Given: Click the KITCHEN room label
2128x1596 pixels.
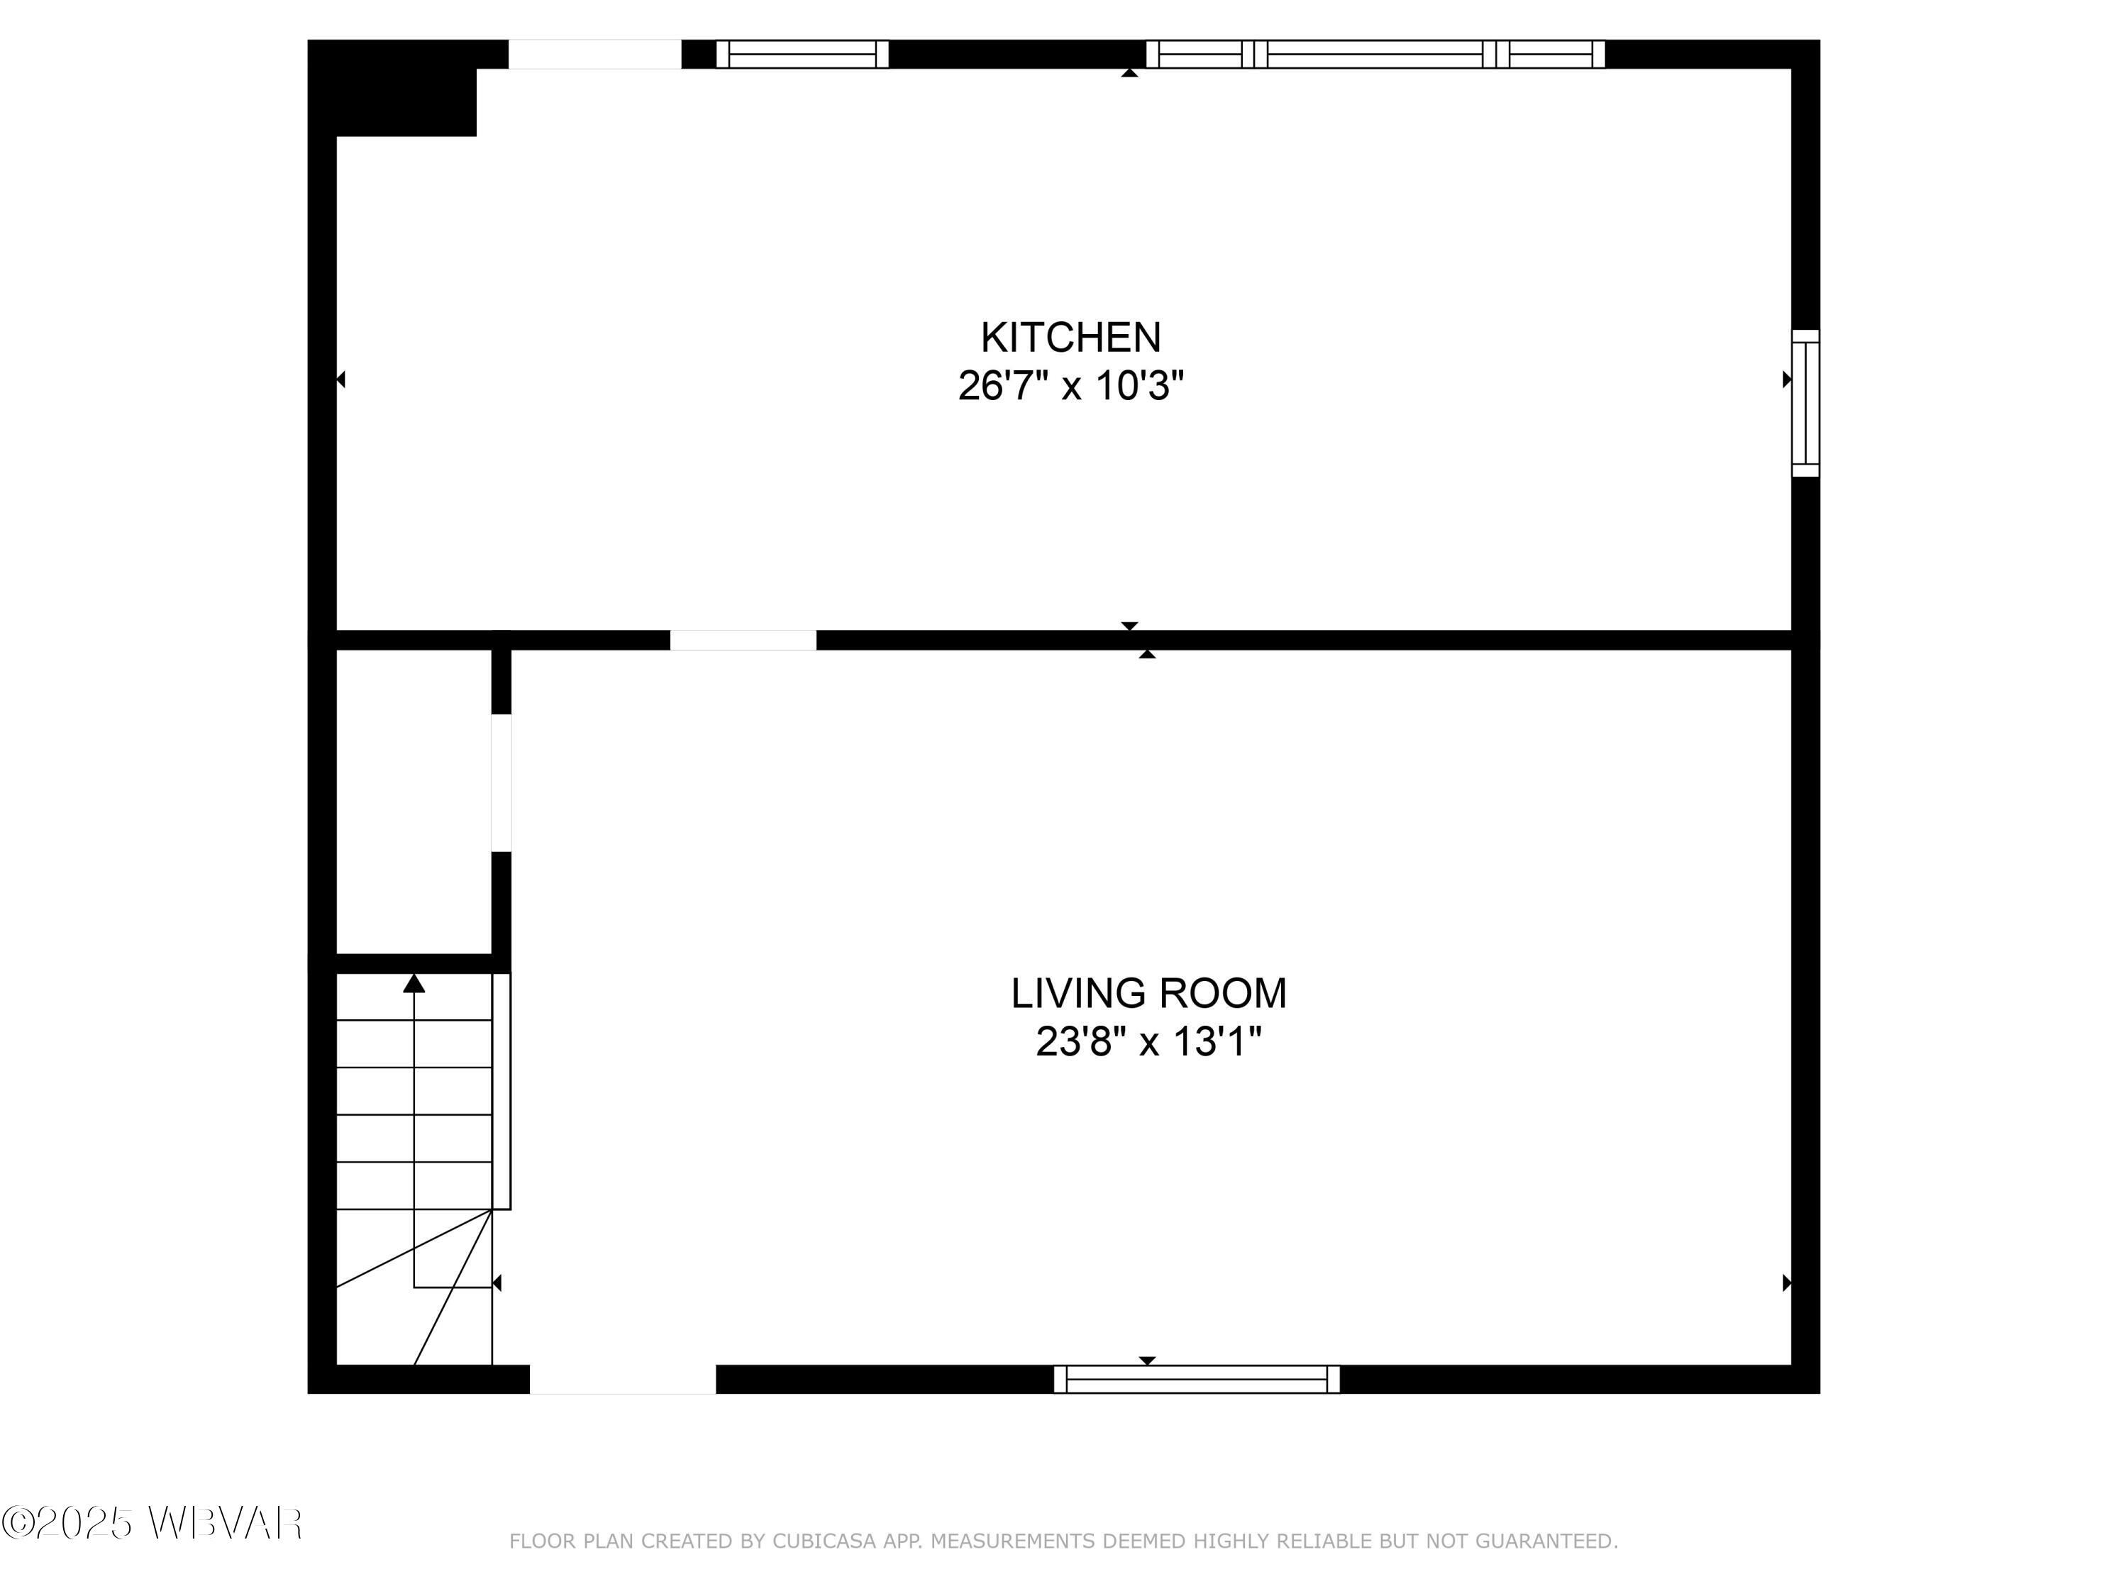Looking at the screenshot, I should [x=1070, y=338].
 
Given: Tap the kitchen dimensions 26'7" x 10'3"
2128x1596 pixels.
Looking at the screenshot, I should [x=1070, y=387].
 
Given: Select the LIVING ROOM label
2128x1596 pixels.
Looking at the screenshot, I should [x=1148, y=993].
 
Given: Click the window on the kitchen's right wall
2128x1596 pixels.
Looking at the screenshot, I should [x=1805, y=403].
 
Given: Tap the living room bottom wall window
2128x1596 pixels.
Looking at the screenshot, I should [x=1196, y=1378].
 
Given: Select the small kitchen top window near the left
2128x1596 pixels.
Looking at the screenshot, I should [x=802, y=54].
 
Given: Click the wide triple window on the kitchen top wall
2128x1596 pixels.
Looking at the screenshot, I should [x=1375, y=54].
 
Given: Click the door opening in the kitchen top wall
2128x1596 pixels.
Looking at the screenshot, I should [x=594, y=54].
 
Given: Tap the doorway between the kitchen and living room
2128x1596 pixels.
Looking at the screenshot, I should [x=743, y=640].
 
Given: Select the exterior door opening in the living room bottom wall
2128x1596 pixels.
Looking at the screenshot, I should [x=622, y=1378].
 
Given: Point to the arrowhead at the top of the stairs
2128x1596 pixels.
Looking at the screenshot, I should [x=414, y=983].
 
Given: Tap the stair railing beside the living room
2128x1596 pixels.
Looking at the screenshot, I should [x=501, y=1090].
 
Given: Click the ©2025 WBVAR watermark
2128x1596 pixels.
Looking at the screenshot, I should [x=152, y=1523].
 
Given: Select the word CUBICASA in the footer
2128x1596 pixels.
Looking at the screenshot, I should [x=824, y=1541].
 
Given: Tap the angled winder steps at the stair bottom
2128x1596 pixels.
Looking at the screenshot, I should [x=423, y=1299].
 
